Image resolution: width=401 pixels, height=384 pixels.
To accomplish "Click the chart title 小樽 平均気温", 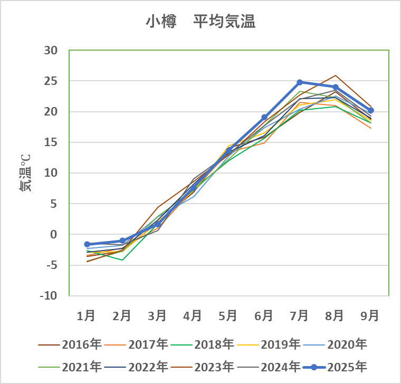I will click(x=200, y=22).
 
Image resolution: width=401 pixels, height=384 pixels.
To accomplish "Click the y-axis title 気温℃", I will click(x=25, y=173).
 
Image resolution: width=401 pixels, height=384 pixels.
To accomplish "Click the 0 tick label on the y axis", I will click(x=54, y=234).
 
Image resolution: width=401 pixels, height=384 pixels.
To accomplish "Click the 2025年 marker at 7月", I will click(x=300, y=82).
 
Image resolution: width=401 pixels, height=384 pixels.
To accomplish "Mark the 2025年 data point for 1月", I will click(x=87, y=244).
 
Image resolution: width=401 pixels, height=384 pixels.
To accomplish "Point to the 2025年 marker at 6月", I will click(x=264, y=117).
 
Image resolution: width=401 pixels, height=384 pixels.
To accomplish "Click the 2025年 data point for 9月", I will click(x=371, y=111).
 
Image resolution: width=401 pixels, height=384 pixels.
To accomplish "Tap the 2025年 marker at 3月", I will click(x=158, y=224).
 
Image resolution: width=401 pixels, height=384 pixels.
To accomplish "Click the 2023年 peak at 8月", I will click(x=336, y=75).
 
